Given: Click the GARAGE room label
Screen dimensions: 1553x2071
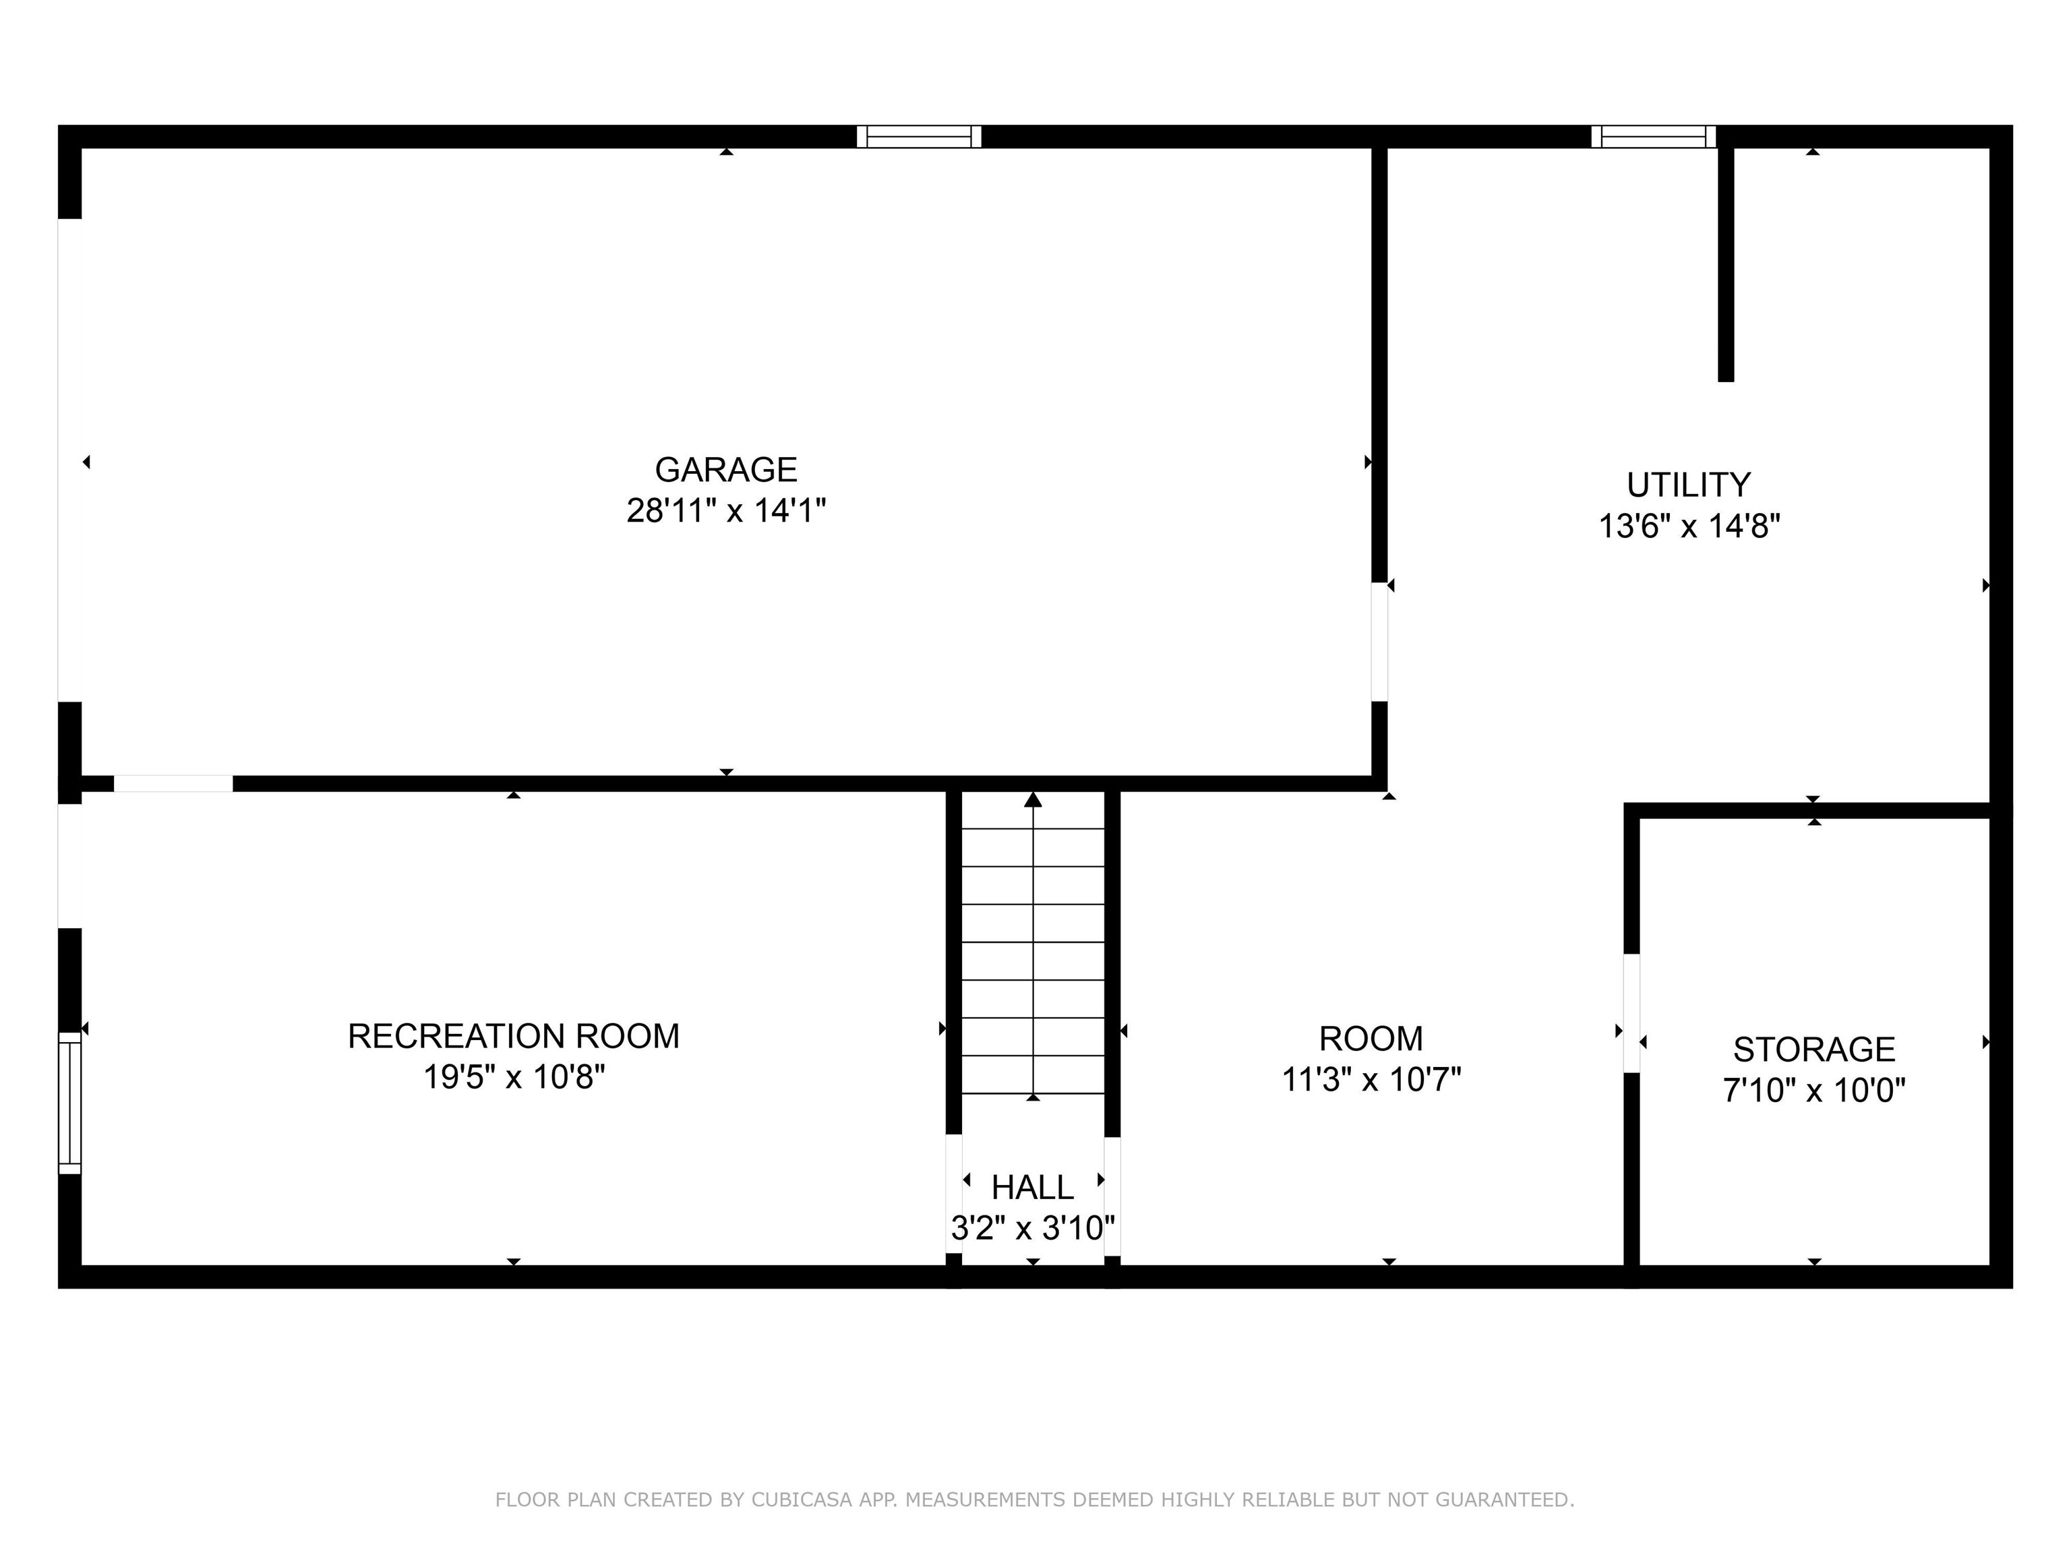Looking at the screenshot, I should click(725, 469).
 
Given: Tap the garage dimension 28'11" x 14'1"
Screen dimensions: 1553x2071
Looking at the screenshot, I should click(725, 511).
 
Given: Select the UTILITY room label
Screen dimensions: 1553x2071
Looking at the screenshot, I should click(1688, 485).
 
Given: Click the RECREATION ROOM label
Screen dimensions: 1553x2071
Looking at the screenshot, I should click(513, 1036).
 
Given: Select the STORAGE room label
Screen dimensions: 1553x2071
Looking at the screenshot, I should click(1813, 1049).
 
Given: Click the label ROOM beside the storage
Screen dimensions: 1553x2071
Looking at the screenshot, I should click(1371, 1039).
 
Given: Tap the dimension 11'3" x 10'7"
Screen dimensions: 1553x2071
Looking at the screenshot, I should click(1371, 1081).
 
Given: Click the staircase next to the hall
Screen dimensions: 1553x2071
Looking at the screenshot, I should click(1033, 946).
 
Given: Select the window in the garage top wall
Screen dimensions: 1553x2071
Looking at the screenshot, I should click(918, 137).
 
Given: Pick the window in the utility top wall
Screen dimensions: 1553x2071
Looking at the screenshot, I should click(1654, 137).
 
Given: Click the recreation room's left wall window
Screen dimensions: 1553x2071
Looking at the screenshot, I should click(70, 1103).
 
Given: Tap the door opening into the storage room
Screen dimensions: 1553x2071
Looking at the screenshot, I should click(1631, 1013).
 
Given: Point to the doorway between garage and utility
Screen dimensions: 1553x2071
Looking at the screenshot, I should click(1379, 642).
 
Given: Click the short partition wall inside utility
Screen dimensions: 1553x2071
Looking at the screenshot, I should click(1726, 262).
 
